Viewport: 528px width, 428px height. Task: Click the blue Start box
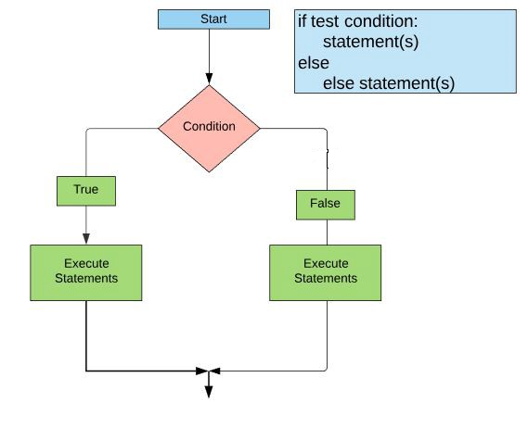(x=213, y=19)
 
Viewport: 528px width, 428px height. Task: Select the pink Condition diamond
(x=209, y=129)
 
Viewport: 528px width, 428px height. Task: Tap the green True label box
(x=86, y=191)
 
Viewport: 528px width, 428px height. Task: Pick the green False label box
(x=326, y=205)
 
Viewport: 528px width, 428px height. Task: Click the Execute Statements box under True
(x=86, y=272)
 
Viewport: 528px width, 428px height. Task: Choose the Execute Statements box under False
(x=326, y=272)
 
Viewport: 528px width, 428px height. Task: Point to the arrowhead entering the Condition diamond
(x=209, y=79)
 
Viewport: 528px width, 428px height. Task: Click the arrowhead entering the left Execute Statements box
(x=86, y=239)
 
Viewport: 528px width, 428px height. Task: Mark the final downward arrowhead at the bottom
(x=209, y=392)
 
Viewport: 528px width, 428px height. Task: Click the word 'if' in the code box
(x=303, y=21)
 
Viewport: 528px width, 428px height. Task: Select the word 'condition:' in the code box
(x=381, y=21)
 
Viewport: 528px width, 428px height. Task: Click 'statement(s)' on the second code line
(x=371, y=42)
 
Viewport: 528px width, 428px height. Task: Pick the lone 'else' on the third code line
(x=314, y=63)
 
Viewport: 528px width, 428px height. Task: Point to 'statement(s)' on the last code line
(x=406, y=83)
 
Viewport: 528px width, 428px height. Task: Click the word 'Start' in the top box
(x=213, y=19)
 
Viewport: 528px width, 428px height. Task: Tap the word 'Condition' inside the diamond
(x=209, y=126)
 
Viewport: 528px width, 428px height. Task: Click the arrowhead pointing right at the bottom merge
(x=202, y=371)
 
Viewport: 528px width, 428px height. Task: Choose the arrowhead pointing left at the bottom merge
(x=215, y=371)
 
